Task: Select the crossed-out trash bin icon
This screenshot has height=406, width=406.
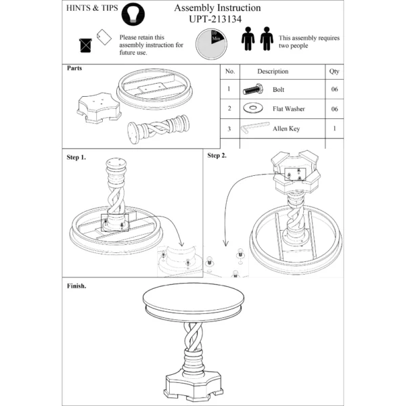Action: [x=86, y=45]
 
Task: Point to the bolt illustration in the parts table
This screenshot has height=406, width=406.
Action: [x=253, y=89]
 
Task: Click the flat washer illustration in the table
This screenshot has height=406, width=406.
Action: [x=254, y=108]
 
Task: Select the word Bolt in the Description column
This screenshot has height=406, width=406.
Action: [x=278, y=89]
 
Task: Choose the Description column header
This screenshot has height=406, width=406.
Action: [x=272, y=71]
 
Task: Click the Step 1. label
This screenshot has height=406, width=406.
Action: [x=76, y=157]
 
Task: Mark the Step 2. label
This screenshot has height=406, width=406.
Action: [x=217, y=156]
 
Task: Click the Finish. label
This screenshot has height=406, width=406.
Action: [x=76, y=286]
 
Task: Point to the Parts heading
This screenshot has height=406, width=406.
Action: [x=74, y=68]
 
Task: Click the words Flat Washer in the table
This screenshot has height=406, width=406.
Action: [x=287, y=108]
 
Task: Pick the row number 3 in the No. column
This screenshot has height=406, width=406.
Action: [x=229, y=127]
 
